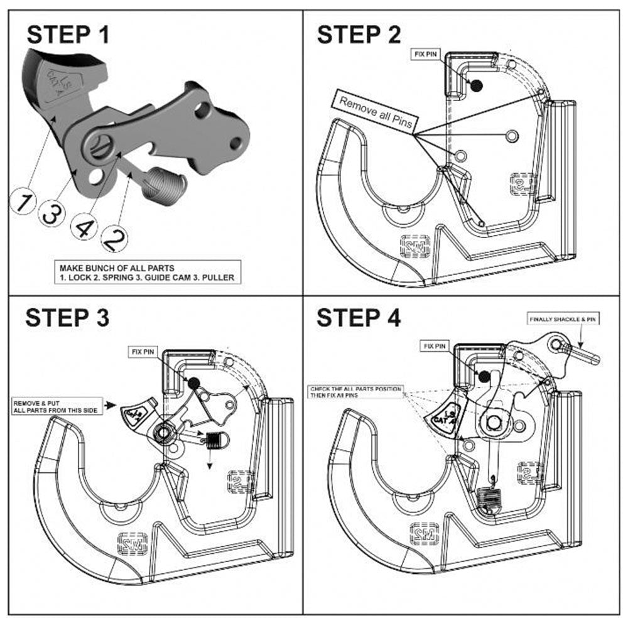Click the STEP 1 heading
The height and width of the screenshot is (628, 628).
(68, 35)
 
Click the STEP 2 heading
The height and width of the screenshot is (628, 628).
(359, 35)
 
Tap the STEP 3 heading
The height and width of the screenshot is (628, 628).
(67, 318)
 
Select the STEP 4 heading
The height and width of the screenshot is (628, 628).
(359, 318)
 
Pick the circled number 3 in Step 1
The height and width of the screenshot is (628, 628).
(51, 214)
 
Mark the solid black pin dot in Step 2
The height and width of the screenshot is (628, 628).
(476, 85)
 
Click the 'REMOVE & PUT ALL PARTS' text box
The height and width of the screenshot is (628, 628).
(58, 405)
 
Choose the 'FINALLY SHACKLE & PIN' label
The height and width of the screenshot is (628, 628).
(562, 320)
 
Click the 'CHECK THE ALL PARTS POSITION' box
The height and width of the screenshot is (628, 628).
(356, 393)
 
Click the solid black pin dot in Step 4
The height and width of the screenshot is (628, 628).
(484, 376)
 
